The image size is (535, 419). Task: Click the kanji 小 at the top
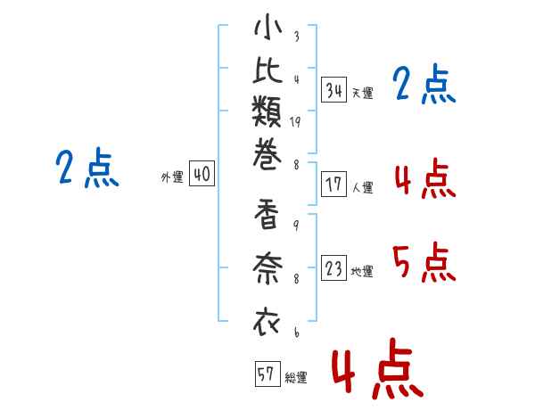tap(267, 27)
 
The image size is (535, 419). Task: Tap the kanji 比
tap(267, 70)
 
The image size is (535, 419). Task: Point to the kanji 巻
tap(267, 154)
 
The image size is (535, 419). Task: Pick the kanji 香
tap(267, 214)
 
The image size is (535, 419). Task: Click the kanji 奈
tap(267, 268)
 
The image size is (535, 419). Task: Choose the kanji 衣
tap(267, 322)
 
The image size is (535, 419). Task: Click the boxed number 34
tap(334, 89)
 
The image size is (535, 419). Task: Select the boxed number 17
tap(334, 185)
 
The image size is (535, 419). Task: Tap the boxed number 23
tap(334, 268)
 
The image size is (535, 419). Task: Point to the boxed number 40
tap(202, 173)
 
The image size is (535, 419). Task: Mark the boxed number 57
tap(267, 374)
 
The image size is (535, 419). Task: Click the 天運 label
tap(363, 93)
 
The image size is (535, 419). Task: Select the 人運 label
tap(363, 187)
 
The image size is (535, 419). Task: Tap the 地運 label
tap(363, 272)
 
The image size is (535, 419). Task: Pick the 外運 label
tap(172, 177)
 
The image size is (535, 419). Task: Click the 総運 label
tap(296, 377)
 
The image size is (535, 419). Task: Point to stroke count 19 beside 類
tap(295, 122)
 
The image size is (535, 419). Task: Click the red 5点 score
tap(424, 262)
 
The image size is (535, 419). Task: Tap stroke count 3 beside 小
tap(297, 36)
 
